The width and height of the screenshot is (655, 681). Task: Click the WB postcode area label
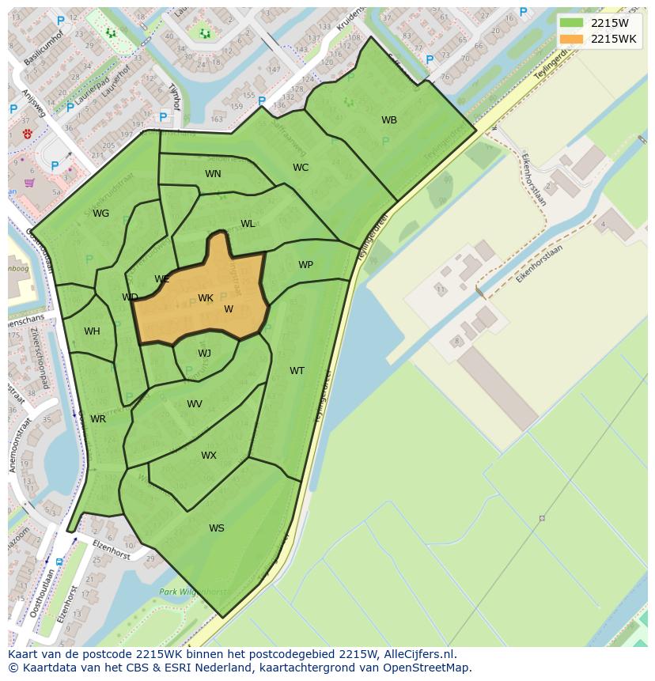pos(389,120)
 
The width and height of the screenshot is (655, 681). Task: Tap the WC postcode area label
pos(301,168)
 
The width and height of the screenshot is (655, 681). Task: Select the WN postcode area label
pos(213,174)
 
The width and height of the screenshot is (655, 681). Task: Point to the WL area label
pos(248,224)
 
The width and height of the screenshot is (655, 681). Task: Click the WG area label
pos(100,214)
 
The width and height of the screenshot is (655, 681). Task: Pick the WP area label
pos(305,265)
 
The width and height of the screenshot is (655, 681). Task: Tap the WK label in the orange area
pos(206,298)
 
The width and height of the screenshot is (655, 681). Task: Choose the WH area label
pos(92,331)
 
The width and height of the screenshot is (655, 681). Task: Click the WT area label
pos(297,371)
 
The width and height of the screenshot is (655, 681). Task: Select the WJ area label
pos(204,354)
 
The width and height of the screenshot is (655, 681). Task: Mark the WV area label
pos(195,404)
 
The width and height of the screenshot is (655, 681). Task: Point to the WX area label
pos(208,456)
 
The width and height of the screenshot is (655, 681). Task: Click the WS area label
pos(216,528)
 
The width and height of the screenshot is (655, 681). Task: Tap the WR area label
pos(98,419)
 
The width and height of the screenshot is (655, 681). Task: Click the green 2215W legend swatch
pos(571,23)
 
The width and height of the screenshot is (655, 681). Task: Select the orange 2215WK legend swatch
pos(571,39)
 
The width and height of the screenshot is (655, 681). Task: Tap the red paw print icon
pos(28,134)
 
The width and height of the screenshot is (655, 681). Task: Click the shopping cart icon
pos(29,183)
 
